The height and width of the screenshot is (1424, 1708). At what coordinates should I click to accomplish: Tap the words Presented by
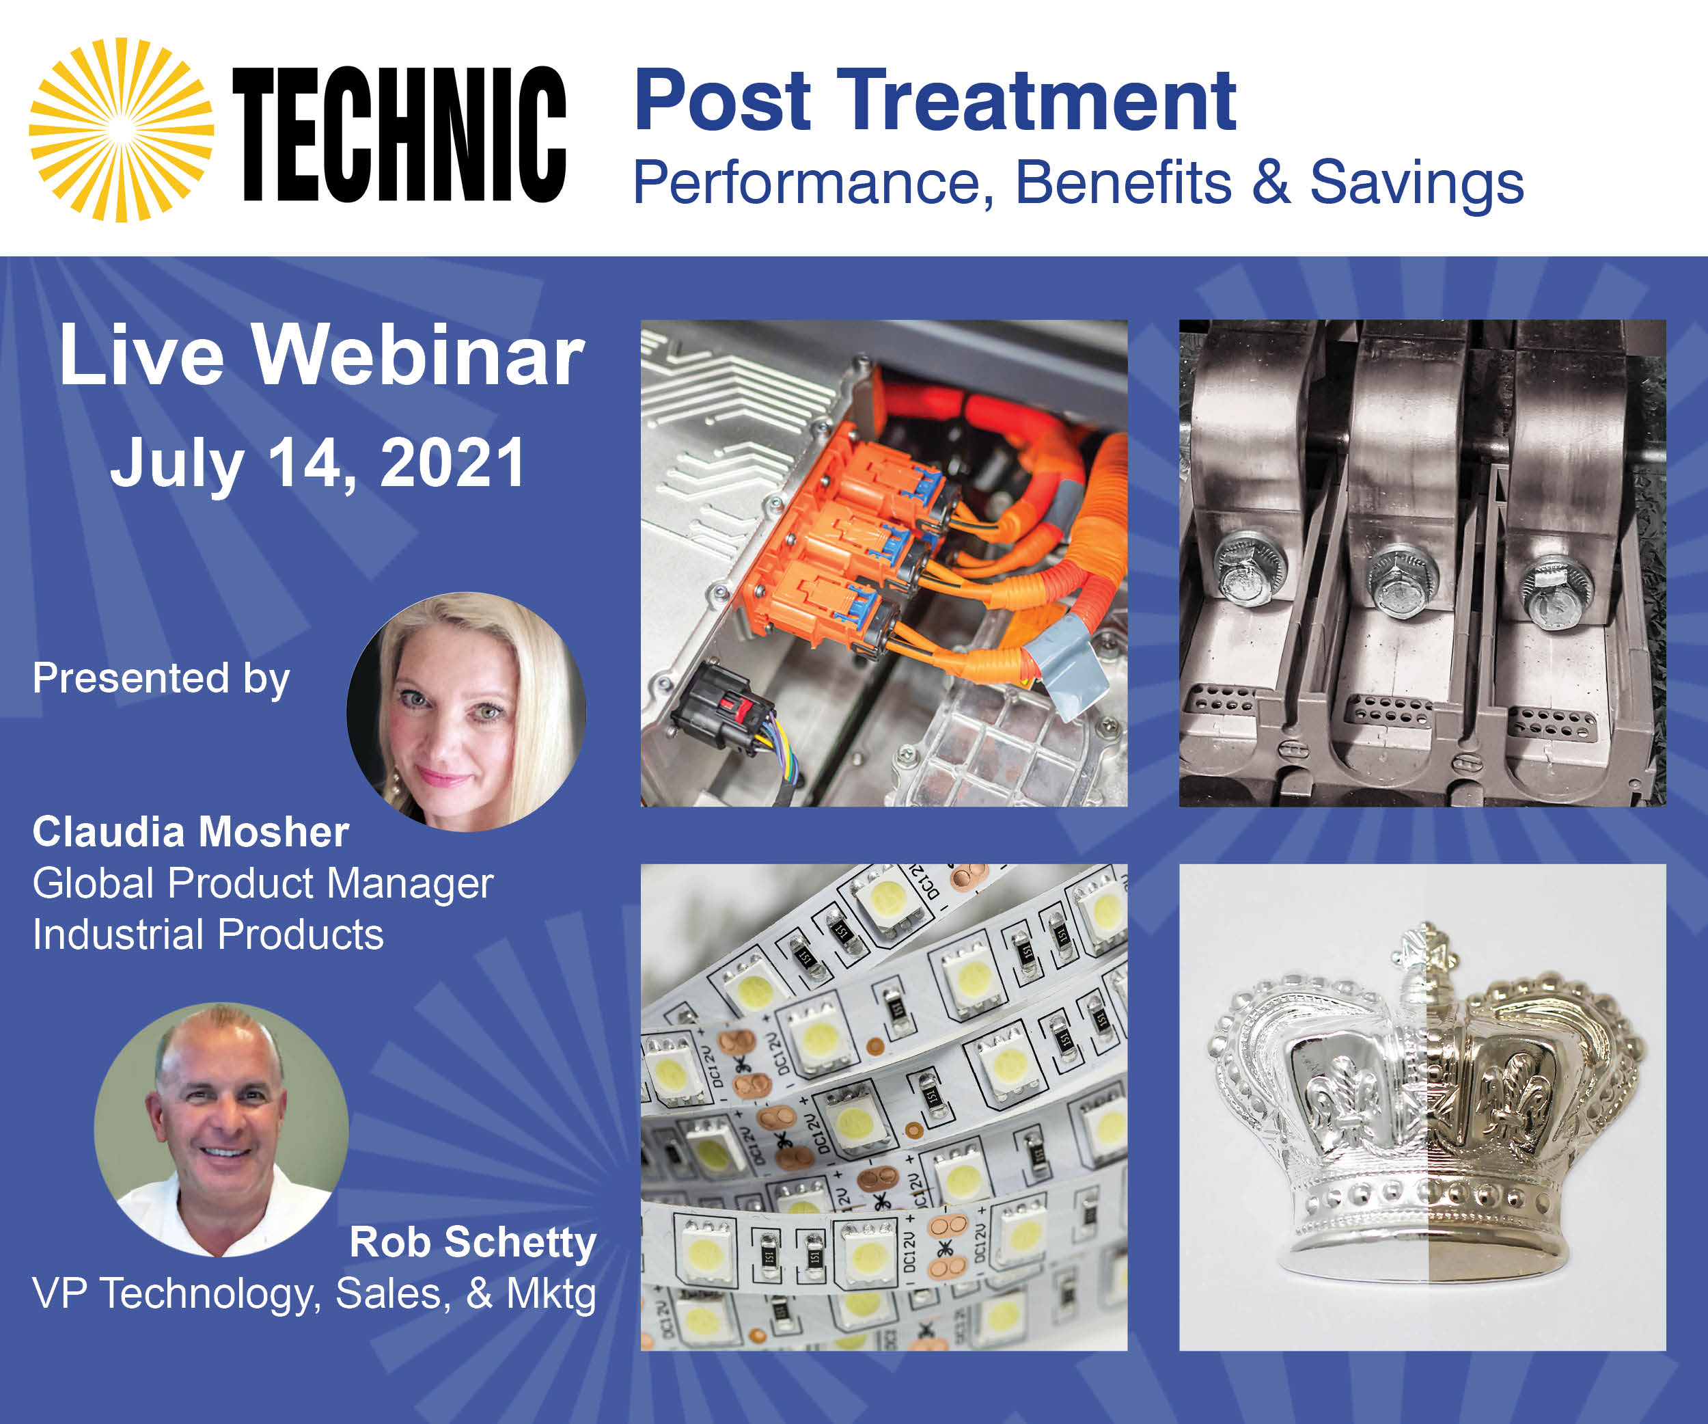[161, 680]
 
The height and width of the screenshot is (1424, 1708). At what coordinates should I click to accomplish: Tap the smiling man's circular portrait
[221, 1129]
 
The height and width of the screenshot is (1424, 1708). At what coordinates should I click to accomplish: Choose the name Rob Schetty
[473, 1243]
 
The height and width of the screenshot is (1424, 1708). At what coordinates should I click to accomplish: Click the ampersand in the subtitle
[1271, 183]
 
